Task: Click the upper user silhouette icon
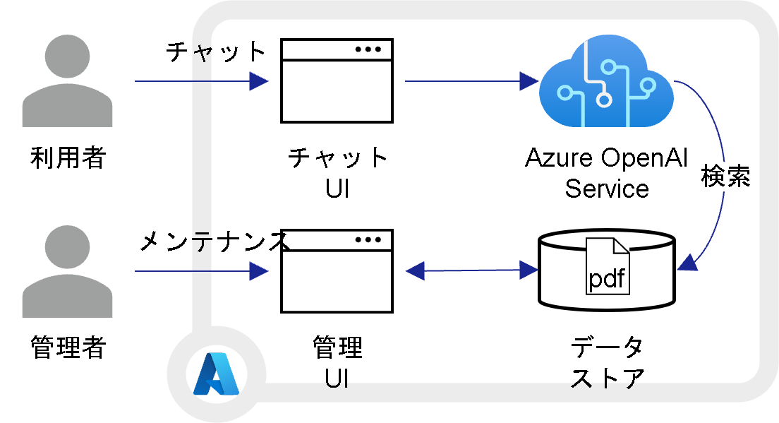coord(67,81)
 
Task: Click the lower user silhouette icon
coord(67,271)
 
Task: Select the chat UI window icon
coord(337,81)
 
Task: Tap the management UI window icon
coord(337,270)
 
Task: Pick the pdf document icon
coord(607,266)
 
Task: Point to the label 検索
coord(725,177)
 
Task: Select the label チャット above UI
coord(338,157)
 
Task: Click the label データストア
coord(607,362)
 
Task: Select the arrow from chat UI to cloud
coord(469,81)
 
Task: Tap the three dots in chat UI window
coord(368,49)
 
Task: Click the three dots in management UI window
coord(368,239)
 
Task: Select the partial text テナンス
coord(240,242)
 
